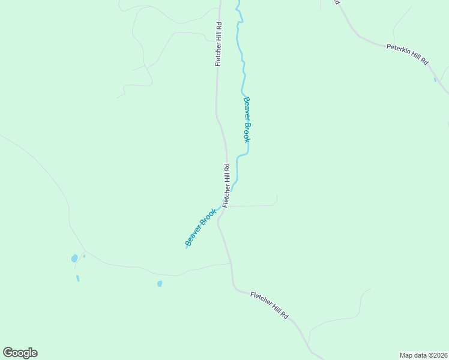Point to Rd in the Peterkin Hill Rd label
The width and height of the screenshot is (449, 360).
click(424, 61)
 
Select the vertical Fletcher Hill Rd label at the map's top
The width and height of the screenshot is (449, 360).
click(219, 45)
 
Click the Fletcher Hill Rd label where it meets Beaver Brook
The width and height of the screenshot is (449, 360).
click(226, 185)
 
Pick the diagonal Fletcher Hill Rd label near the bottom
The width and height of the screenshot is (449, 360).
click(270, 305)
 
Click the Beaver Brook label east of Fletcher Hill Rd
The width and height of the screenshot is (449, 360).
click(246, 119)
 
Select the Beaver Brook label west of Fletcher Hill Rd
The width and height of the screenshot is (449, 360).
click(200, 227)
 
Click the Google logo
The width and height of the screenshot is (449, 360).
click(20, 353)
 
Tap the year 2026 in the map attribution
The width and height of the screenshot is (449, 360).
click(439, 355)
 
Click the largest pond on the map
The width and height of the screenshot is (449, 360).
click(74, 259)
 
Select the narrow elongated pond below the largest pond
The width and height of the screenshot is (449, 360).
click(77, 278)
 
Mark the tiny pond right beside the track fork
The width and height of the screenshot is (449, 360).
click(84, 256)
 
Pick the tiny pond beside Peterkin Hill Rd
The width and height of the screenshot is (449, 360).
click(435, 79)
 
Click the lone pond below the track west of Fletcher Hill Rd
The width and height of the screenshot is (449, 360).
click(160, 284)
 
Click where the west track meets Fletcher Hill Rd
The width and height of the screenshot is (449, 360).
click(231, 263)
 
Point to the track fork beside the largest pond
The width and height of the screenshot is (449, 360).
click(85, 251)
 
